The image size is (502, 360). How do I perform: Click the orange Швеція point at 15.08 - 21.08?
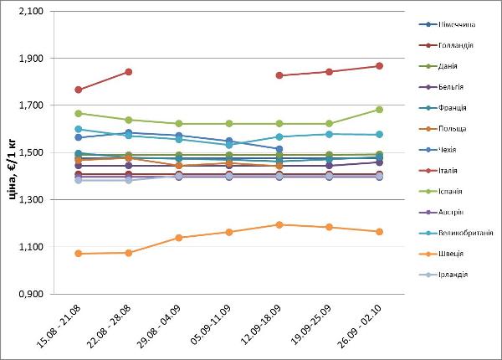point(79,254)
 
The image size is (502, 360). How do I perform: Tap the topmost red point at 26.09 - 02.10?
point(379,66)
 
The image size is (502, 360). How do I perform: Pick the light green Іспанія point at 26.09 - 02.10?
point(379,110)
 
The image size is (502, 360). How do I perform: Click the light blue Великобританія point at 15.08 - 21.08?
point(79,130)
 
